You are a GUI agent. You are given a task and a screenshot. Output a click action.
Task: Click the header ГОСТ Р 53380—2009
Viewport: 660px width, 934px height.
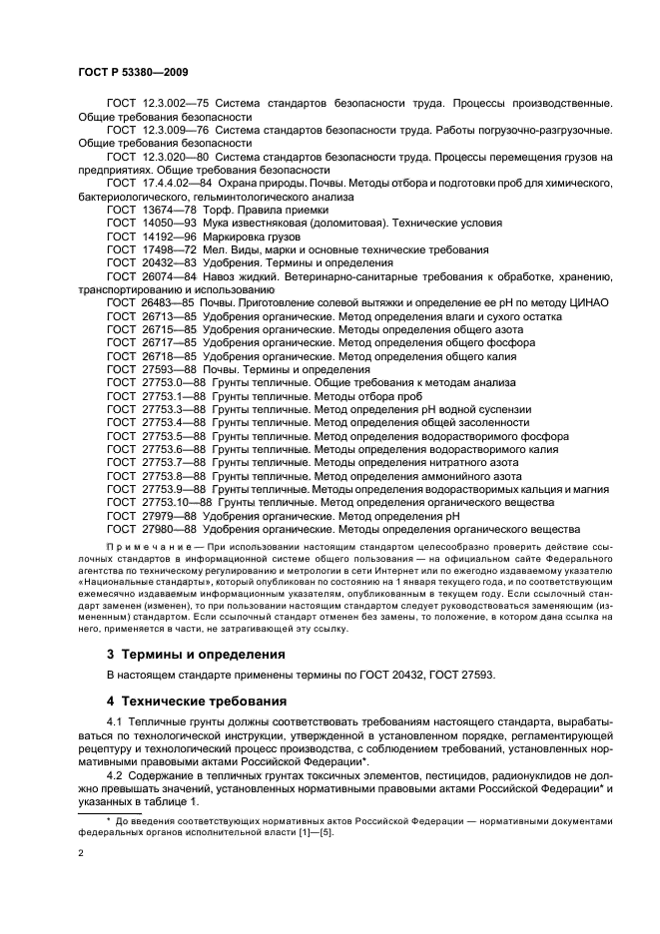click(133, 73)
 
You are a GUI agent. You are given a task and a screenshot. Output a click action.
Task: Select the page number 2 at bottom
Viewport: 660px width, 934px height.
click(81, 854)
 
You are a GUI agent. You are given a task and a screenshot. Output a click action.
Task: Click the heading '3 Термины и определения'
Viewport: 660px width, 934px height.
click(195, 655)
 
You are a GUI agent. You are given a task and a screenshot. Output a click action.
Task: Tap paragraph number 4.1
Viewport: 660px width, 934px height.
click(115, 720)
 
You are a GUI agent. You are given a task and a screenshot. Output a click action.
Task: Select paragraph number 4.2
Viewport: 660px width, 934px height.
click(115, 772)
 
